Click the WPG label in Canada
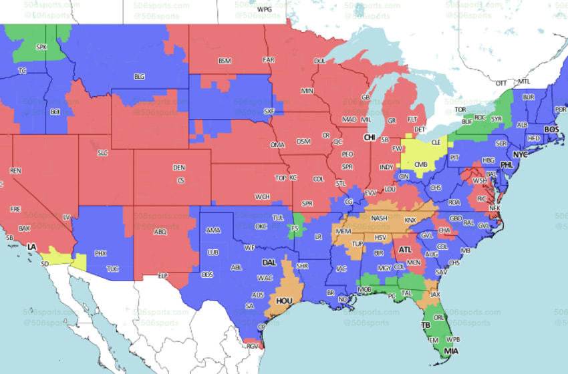point(265,9)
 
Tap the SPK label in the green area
point(41,47)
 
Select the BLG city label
point(139,77)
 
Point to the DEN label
point(179,167)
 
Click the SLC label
point(102,152)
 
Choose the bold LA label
point(31,247)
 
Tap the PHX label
point(100,253)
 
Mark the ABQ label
point(160,232)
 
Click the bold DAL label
point(269,262)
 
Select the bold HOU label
point(285,301)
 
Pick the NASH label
point(380,218)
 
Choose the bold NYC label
point(520,154)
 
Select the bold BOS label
point(551,129)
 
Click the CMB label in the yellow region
point(421,164)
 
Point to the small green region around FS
point(295,228)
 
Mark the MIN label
point(307,90)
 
